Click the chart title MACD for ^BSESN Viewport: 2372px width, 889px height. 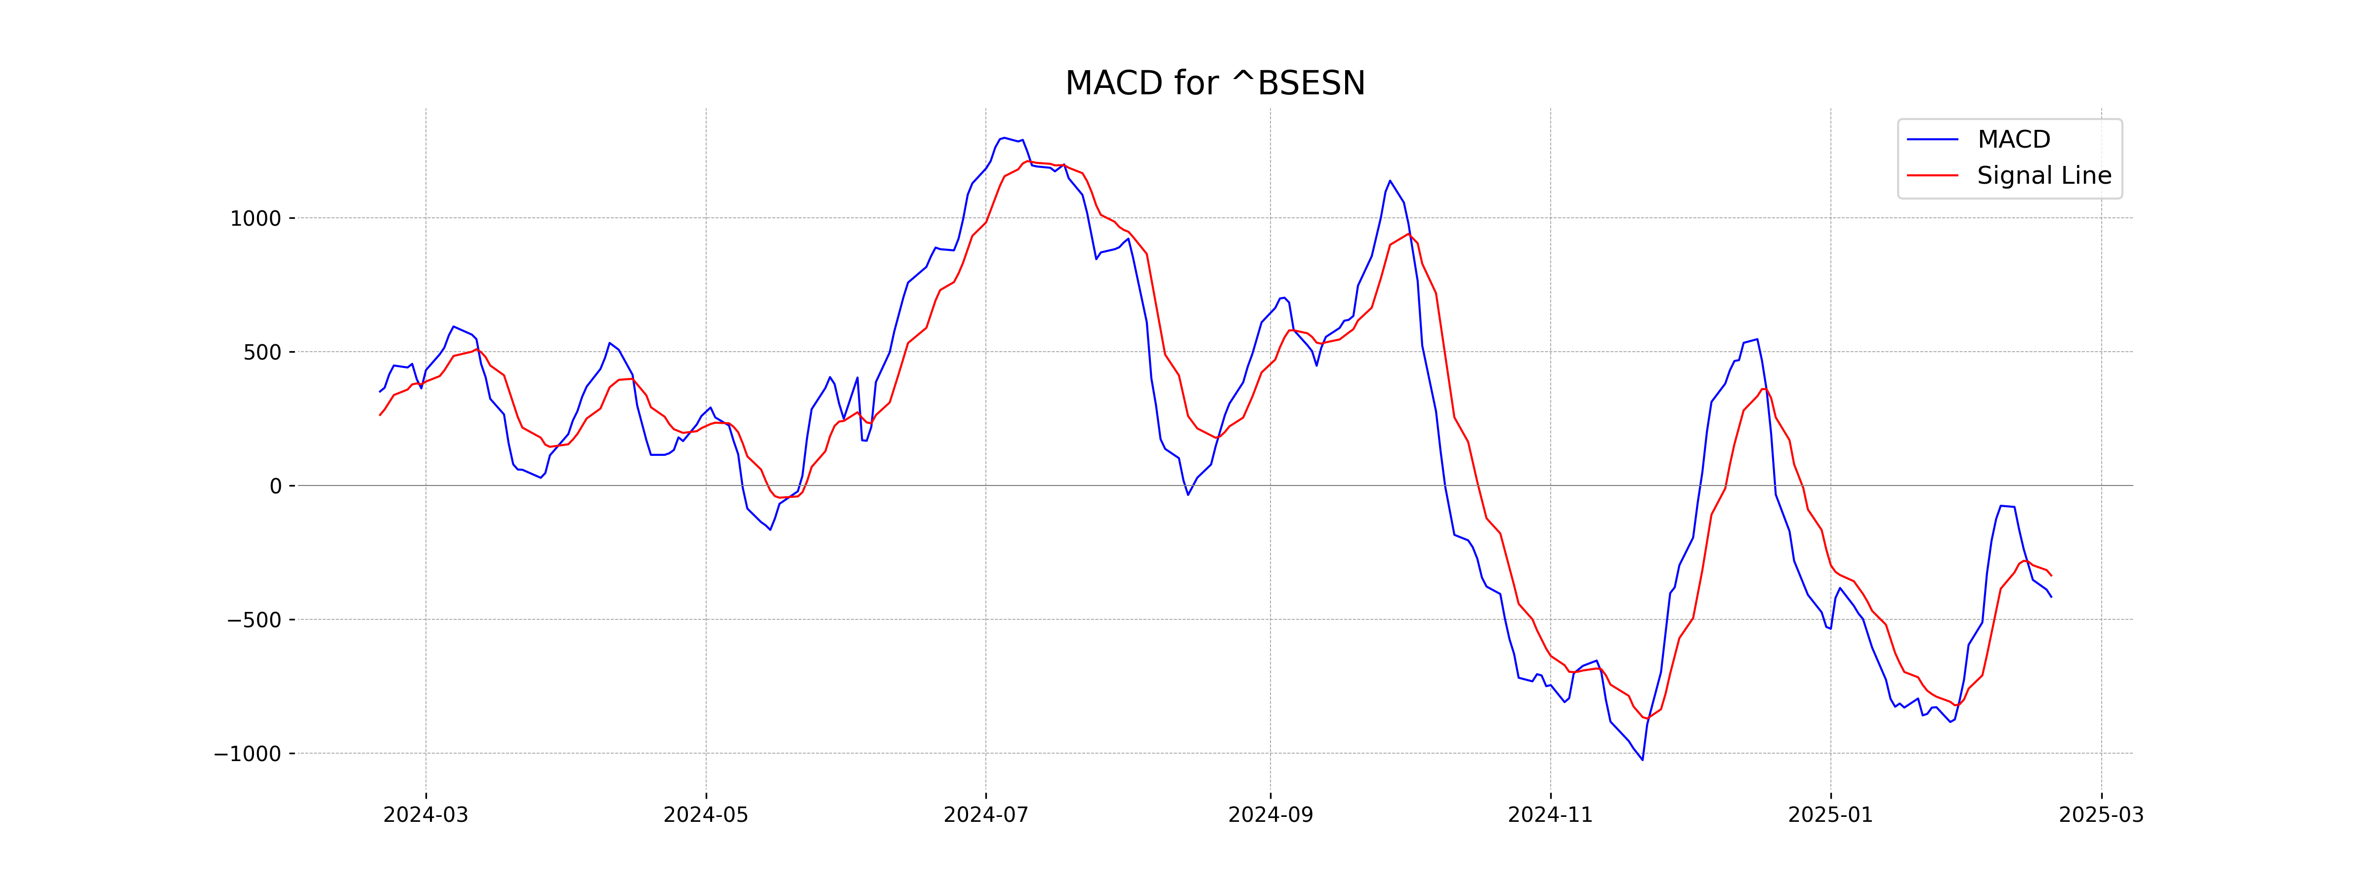[1215, 84]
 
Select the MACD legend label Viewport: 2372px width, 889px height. [2014, 140]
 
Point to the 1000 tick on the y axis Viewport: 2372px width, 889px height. [255, 219]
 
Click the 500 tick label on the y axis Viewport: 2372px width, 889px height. [261, 353]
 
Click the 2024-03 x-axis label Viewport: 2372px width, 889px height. [425, 815]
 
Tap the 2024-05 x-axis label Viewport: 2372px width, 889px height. [706, 815]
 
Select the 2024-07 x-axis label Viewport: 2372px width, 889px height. [986, 815]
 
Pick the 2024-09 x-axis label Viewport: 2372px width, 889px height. [1271, 815]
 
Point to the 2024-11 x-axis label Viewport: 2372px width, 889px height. [1551, 815]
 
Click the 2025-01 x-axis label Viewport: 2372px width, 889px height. [1830, 815]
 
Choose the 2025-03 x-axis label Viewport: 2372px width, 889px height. [2101, 815]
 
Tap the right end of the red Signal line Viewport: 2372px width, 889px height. [2051, 576]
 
